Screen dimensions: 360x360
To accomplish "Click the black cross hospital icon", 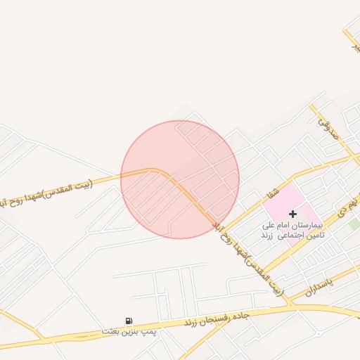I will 292,212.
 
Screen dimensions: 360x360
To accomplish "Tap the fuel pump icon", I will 129,321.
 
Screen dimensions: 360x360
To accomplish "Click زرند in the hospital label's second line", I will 266,235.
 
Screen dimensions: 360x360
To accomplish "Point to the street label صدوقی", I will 328,127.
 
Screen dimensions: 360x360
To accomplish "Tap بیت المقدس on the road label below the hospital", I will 268,281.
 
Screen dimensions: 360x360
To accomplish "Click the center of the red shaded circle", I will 180,179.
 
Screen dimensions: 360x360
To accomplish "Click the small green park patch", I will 354,224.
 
